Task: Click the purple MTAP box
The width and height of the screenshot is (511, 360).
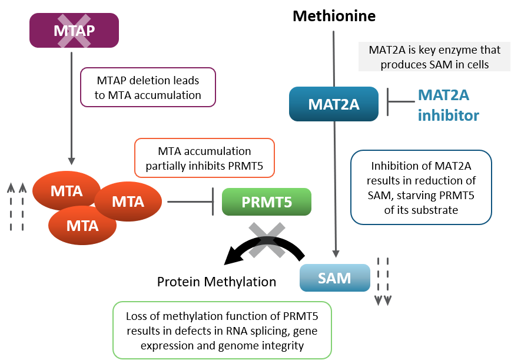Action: point(74,30)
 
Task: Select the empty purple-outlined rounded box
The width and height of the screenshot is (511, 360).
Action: point(148,87)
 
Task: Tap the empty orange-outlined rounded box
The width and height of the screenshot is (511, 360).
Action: point(204,158)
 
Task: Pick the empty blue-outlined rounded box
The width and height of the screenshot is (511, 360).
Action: point(421,187)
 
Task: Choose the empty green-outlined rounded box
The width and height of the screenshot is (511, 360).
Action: point(222,330)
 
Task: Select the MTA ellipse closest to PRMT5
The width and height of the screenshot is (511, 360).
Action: point(128,202)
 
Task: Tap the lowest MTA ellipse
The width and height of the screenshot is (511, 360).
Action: point(82,225)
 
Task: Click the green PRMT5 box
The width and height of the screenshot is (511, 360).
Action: point(266,202)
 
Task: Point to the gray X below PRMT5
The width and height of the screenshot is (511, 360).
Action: point(267,240)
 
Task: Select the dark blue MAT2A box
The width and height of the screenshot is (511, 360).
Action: point(334,104)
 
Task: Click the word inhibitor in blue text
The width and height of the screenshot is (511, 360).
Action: point(448,115)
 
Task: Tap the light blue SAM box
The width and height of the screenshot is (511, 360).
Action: point(334,278)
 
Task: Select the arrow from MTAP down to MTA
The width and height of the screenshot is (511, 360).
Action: point(71,106)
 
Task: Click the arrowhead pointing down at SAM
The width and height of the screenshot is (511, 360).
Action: point(336,253)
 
